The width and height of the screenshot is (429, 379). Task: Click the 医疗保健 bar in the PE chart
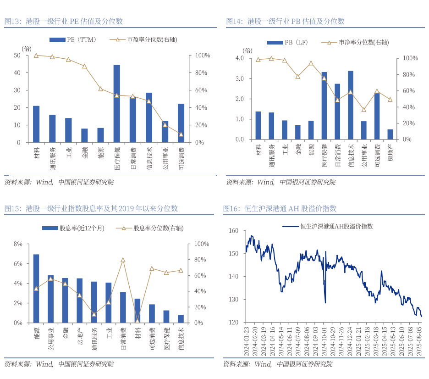[x=117, y=104]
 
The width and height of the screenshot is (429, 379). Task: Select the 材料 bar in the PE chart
[x=36, y=124]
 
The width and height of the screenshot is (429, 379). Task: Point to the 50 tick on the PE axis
[x=17, y=55]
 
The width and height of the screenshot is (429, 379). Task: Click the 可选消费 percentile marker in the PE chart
[x=181, y=134]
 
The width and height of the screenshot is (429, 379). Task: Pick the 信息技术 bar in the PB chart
[x=351, y=105]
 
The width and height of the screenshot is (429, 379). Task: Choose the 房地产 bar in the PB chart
[x=390, y=134]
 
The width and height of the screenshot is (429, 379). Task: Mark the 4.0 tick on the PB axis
[x=240, y=58]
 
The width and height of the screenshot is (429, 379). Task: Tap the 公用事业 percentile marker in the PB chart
[x=364, y=110]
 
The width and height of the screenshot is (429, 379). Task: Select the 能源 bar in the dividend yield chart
[x=36, y=288]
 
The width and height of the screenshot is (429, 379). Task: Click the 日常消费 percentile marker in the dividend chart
[x=123, y=260]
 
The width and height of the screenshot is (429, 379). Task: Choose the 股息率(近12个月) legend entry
[x=73, y=228]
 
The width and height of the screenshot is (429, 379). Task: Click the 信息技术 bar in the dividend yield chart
[x=181, y=318]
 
